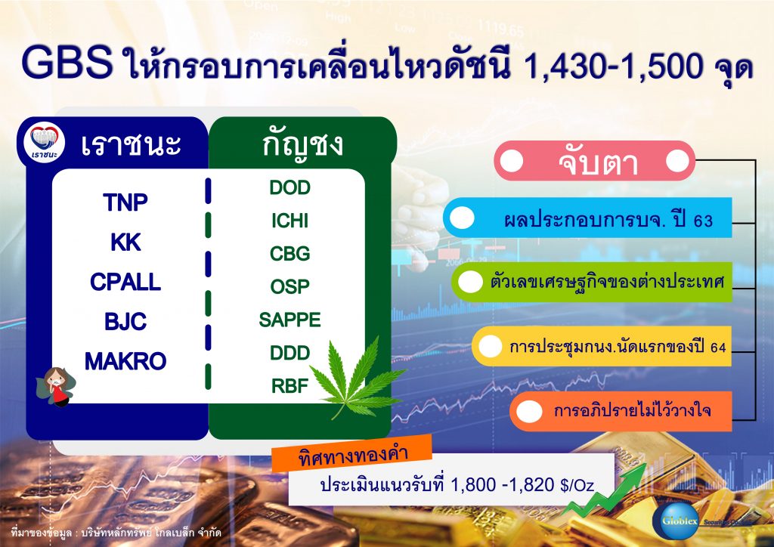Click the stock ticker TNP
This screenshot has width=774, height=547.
pyautogui.click(x=125, y=203)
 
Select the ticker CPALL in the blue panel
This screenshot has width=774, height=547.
pyautogui.click(x=125, y=283)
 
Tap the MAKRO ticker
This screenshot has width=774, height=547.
pyautogui.click(x=125, y=362)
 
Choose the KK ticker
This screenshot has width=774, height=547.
pyautogui.click(x=125, y=243)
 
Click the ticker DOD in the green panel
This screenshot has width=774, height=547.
pyautogui.click(x=290, y=188)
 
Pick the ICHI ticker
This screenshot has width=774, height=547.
pyautogui.click(x=290, y=221)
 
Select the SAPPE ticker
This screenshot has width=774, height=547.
pyautogui.click(x=290, y=320)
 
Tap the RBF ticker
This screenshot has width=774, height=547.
pyautogui.click(x=290, y=386)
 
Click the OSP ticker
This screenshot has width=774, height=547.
pyautogui.click(x=290, y=287)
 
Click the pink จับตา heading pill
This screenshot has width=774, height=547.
pyautogui.click(x=594, y=162)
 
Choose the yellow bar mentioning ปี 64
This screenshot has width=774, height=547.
pyautogui.click(x=601, y=347)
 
